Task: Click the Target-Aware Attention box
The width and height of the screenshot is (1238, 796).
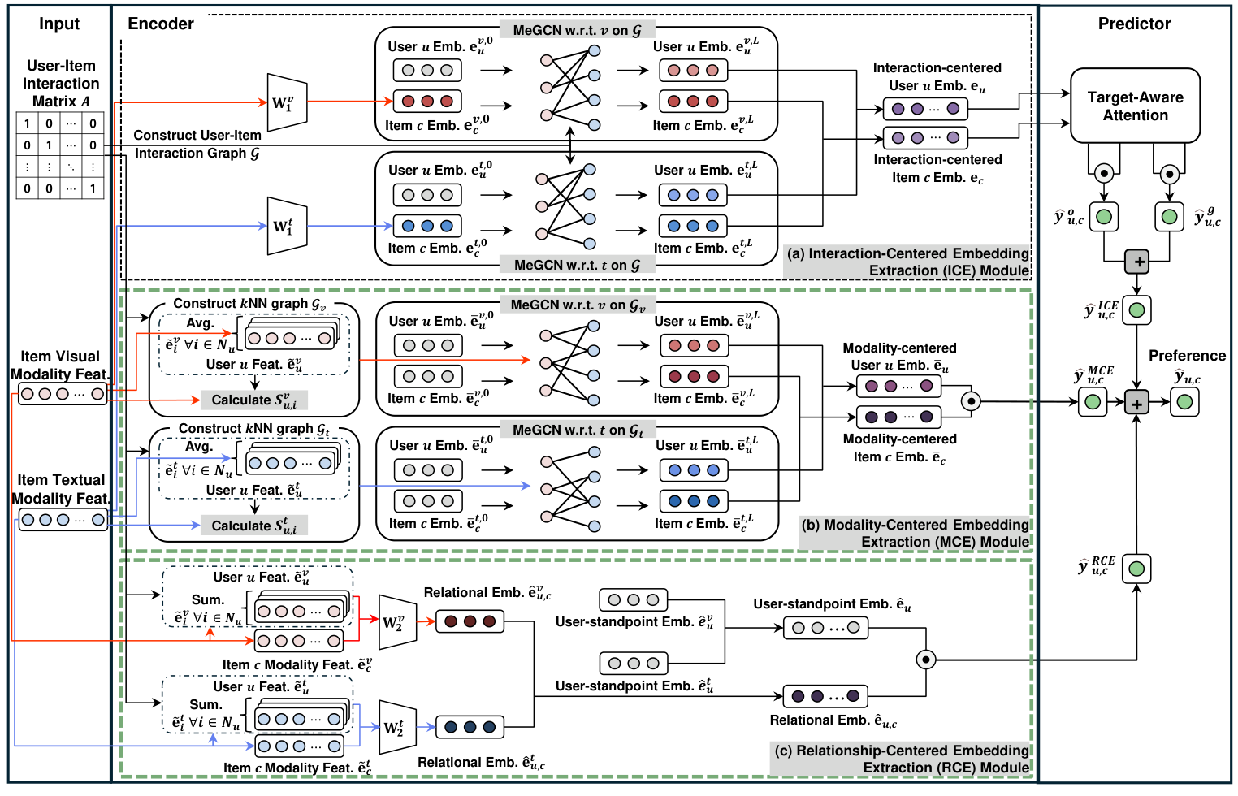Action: point(1135,106)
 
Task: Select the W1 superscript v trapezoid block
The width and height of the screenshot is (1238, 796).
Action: point(287,102)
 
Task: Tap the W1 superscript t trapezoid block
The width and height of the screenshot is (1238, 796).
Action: point(287,226)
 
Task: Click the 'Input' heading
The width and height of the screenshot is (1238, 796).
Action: point(59,24)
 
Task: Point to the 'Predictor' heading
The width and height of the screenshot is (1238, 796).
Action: point(1134,24)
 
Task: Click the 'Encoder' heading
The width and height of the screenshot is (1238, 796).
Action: point(161,24)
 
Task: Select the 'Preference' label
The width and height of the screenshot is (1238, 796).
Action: point(1186,356)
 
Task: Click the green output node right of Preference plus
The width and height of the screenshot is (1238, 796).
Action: point(1184,402)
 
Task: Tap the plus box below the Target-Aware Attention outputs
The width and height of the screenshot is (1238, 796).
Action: point(1136,262)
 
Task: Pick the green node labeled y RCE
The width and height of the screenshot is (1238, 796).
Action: point(1136,569)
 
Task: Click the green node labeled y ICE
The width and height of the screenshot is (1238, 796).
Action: point(1136,309)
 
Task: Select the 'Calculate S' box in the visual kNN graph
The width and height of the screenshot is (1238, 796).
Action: point(253,400)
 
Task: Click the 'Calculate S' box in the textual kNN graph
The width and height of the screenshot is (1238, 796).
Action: point(253,526)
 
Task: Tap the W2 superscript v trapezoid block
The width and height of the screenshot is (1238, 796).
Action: point(397,623)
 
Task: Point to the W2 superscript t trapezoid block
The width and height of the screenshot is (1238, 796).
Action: point(397,727)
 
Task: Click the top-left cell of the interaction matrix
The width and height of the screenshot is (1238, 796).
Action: point(27,123)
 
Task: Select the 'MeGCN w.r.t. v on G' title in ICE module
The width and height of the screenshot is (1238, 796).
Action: point(577,30)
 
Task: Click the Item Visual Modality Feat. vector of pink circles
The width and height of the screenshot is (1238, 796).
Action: point(63,394)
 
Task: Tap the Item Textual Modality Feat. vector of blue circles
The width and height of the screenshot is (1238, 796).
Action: point(63,520)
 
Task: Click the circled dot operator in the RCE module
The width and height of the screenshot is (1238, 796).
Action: point(925,660)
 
